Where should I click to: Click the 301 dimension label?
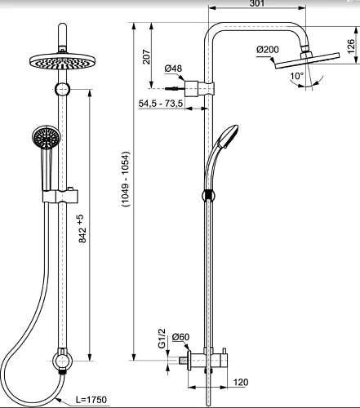pyautogui.click(x=257, y=3)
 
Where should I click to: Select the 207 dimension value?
pyautogui.click(x=146, y=56)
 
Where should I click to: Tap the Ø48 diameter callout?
pyautogui.click(x=173, y=69)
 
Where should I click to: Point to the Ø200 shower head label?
pyautogui.click(x=268, y=50)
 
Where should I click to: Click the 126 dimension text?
pyautogui.click(x=351, y=47)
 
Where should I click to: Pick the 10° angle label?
pyautogui.click(x=296, y=76)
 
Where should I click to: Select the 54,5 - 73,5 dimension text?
pyautogui.click(x=161, y=104)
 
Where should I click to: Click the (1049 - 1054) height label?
pyautogui.click(x=126, y=180)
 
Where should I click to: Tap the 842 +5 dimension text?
pyautogui.click(x=82, y=228)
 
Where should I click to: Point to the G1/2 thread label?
pyautogui.click(x=162, y=338)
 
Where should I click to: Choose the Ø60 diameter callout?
pyautogui.click(x=180, y=337)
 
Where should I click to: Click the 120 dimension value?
pyautogui.click(x=241, y=382)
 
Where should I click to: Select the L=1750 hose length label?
pyautogui.click(x=91, y=400)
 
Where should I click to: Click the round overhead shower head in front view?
pyautogui.click(x=62, y=61)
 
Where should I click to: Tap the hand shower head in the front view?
pyautogui.click(x=47, y=137)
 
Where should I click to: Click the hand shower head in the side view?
pyautogui.click(x=228, y=137)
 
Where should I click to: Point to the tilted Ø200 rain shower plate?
pyautogui.click(x=308, y=60)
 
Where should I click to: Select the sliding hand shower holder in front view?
pyautogui.click(x=60, y=196)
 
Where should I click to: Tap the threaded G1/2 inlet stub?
pyautogui.click(x=183, y=361)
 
